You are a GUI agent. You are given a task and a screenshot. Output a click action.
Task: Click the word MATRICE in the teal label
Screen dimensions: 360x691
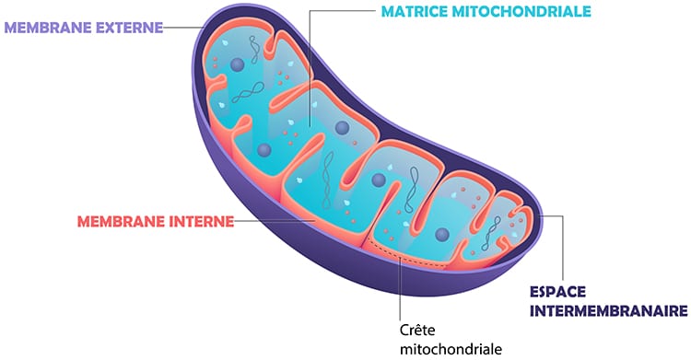coord(420,12)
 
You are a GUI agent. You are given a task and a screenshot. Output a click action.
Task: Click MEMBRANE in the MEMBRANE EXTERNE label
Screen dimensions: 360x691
coord(45,27)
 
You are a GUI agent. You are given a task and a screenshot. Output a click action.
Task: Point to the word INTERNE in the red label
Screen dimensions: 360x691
coord(193,222)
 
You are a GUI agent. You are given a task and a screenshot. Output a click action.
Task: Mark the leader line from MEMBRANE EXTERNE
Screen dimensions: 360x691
coord(180,27)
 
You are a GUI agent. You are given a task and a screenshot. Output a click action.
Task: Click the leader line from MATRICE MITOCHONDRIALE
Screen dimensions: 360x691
coord(310,55)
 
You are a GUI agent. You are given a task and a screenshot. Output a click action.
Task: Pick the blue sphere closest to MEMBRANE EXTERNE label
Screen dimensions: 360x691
coord(238,64)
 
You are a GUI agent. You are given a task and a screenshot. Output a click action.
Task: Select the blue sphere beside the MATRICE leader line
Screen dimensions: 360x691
coord(342,127)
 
